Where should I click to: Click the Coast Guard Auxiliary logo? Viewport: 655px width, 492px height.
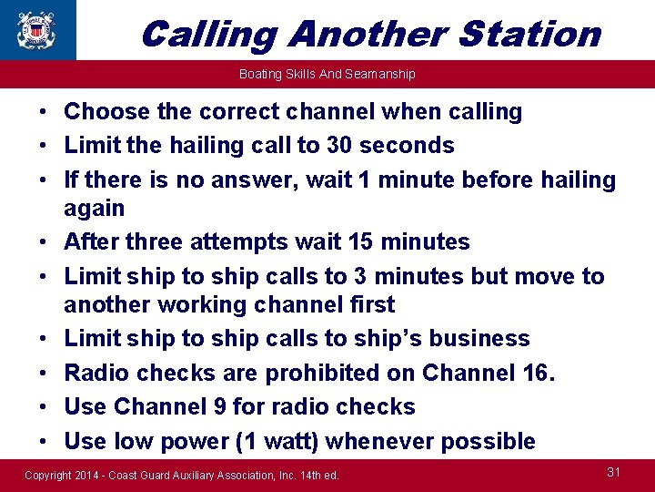point(37,29)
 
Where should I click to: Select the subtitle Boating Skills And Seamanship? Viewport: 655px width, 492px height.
point(327,74)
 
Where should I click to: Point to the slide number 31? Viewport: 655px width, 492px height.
point(613,471)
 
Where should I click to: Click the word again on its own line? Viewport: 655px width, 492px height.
point(94,209)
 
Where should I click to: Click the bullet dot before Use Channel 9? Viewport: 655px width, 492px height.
point(43,407)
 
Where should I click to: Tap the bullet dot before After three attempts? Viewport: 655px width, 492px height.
point(43,242)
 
